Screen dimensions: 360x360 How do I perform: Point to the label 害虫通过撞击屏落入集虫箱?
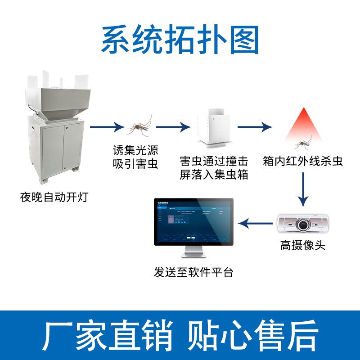[214, 168]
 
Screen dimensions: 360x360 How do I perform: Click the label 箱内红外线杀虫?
[302, 162]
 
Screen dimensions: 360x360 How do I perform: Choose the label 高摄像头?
[302, 246]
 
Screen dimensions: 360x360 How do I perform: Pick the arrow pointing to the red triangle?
[255, 127]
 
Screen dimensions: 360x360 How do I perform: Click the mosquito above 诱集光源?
[139, 126]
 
